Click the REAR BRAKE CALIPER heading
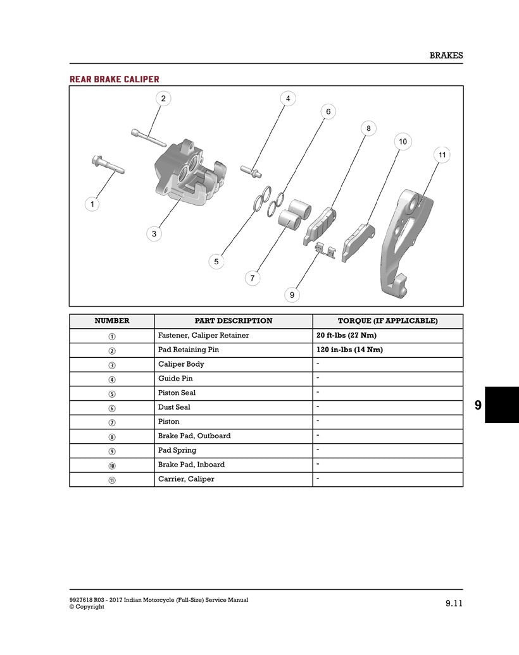pos(114,79)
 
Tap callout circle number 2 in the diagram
pos(163,99)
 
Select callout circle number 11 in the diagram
pos(442,155)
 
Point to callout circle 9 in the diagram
pos(292,294)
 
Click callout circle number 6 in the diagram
pos(328,112)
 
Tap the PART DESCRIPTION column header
pos(234,321)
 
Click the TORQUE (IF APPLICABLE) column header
pos(387,321)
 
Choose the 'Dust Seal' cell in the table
pos(174,407)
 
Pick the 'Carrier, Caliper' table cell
pos(186,479)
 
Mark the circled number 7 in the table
pos(112,422)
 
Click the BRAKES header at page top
pos(446,55)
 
